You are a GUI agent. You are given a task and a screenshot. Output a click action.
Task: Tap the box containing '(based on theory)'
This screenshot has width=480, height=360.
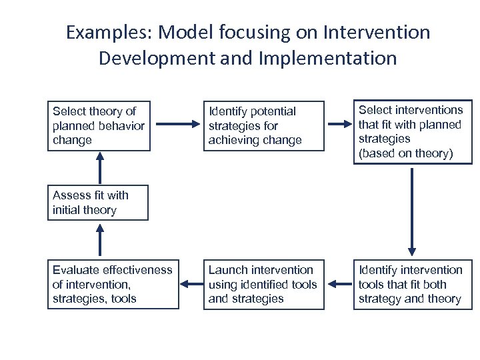pyautogui.click(x=413, y=132)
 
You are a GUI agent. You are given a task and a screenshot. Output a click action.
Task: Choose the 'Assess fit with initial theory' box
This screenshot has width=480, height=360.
pyautogui.click(x=97, y=203)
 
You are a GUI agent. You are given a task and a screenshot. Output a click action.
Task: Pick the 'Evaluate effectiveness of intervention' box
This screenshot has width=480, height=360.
pyautogui.click(x=113, y=285)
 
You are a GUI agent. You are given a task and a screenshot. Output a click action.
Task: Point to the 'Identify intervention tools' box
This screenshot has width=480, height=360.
pyautogui.click(x=413, y=285)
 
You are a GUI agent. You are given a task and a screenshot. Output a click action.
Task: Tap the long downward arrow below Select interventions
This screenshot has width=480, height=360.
pyautogui.click(x=413, y=210)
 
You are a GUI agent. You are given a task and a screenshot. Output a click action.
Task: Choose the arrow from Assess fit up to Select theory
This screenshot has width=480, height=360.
pyautogui.click(x=100, y=167)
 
